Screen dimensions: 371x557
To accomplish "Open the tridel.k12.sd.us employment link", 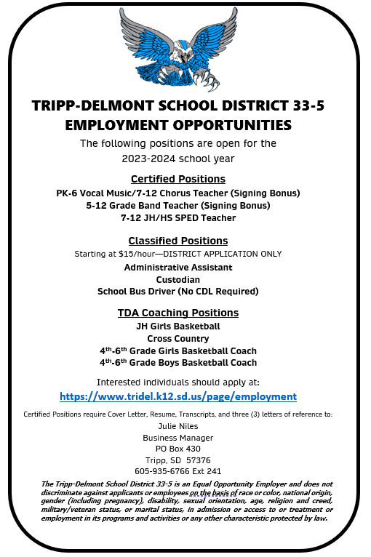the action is pyautogui.click(x=178, y=396).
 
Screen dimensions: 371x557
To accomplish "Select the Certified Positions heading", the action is pyautogui.click(x=178, y=179).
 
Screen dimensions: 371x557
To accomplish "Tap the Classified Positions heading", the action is pyautogui.click(x=178, y=241).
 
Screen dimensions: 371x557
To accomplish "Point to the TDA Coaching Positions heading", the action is pyautogui.click(x=178, y=313).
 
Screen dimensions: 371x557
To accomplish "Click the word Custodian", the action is pyautogui.click(x=178, y=278).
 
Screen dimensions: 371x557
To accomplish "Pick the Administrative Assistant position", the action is pyautogui.click(x=178, y=267).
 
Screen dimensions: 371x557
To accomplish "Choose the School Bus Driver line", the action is pyautogui.click(x=178, y=291).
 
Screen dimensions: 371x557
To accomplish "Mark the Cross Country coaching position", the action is pyautogui.click(x=178, y=338).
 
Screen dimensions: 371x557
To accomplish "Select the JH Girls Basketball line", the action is pyautogui.click(x=178, y=326).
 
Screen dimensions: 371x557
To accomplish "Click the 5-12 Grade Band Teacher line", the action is pyautogui.click(x=178, y=205).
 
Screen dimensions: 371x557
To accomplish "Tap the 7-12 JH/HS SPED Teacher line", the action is pyautogui.click(x=178, y=217).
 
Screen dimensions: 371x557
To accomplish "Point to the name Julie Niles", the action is pyautogui.click(x=177, y=425).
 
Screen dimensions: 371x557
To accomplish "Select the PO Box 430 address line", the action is pyautogui.click(x=177, y=449).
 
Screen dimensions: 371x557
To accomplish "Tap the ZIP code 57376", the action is pyautogui.click(x=198, y=460).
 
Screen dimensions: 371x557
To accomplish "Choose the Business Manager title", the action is pyautogui.click(x=177, y=437).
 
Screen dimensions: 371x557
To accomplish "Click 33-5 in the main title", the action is pyautogui.click(x=300, y=105).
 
